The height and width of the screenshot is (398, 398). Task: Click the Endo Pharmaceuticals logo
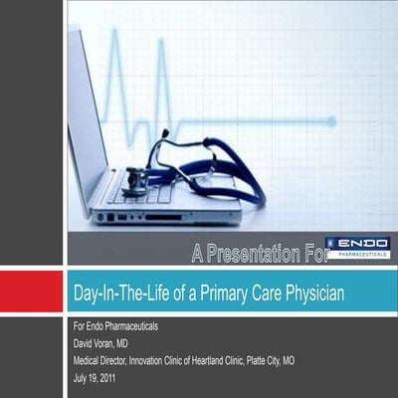pyautogui.click(x=357, y=248)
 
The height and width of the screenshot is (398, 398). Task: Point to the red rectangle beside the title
pyautogui.click(x=32, y=292)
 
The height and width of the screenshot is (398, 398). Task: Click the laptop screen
pyautogui.click(x=85, y=109)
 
